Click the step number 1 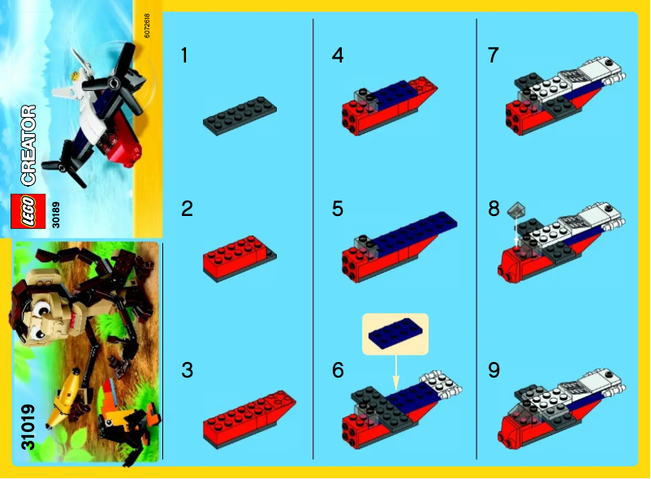185,56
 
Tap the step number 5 338,209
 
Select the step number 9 494,371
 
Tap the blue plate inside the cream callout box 394,332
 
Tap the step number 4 338,56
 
